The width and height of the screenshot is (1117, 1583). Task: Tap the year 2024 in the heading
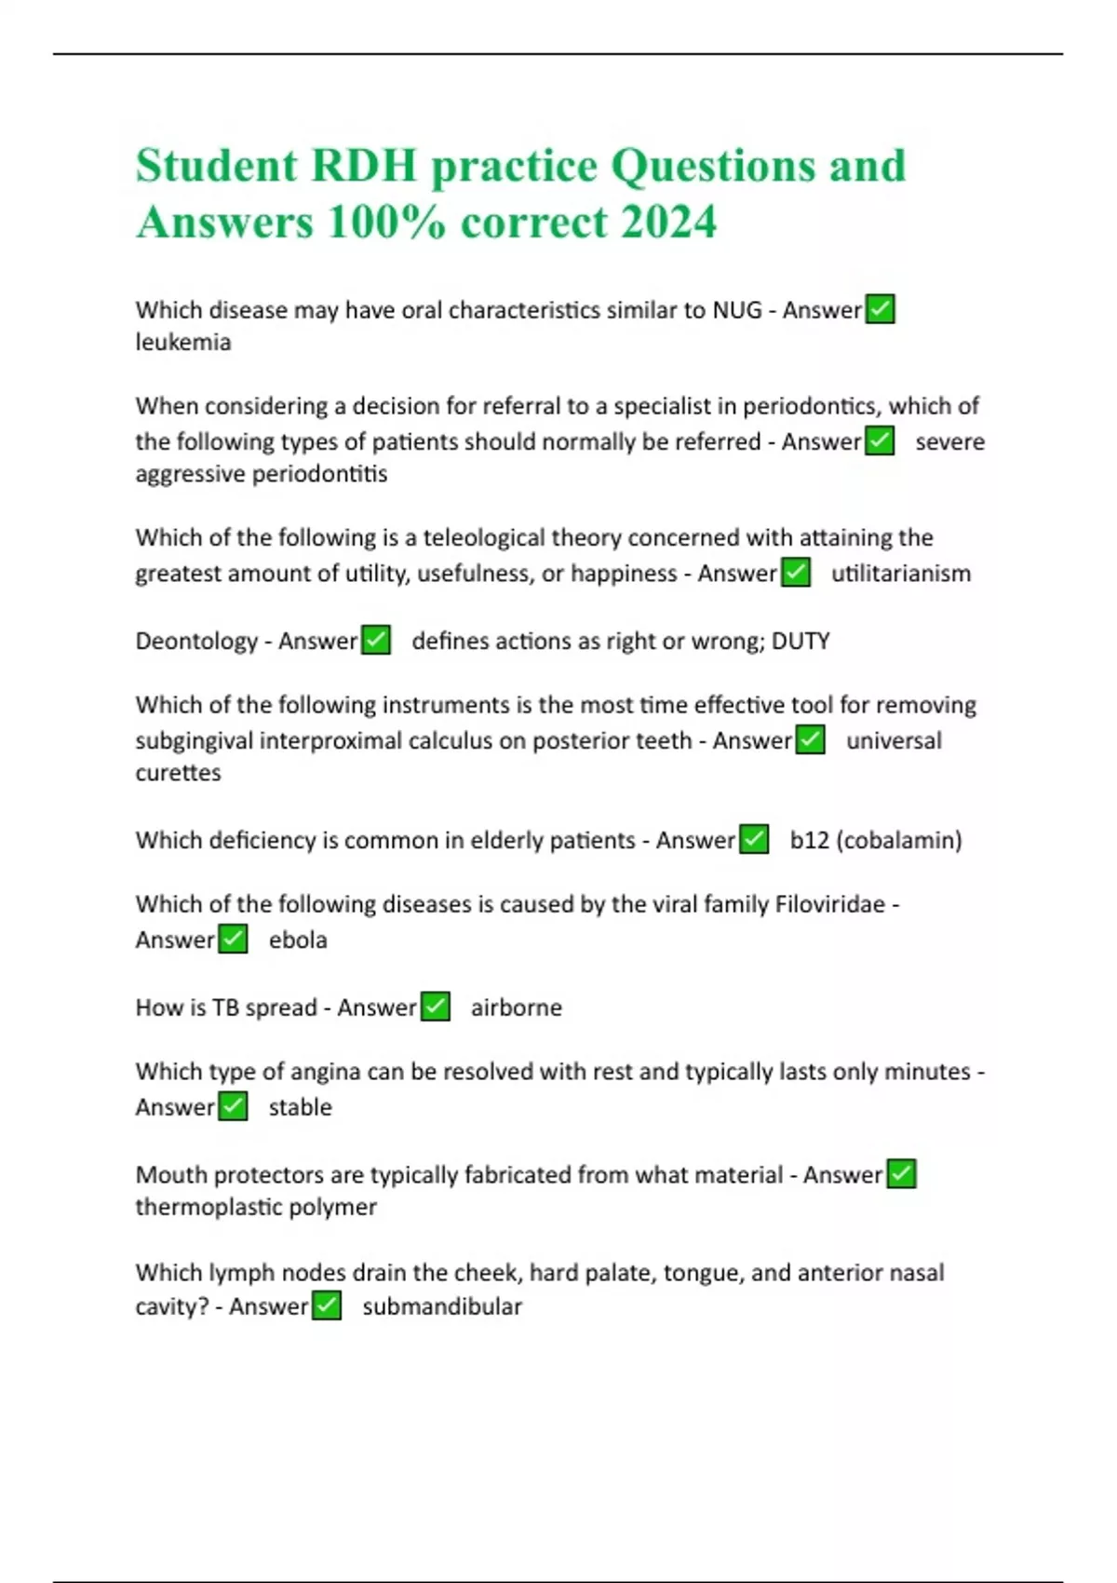[667, 223]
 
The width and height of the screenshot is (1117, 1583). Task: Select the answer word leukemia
[183, 343]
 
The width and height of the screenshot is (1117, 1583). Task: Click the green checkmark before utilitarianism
[795, 572]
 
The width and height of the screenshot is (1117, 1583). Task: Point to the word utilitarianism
[900, 574]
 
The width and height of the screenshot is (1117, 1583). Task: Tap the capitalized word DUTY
[801, 642]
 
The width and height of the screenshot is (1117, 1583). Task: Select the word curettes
[178, 773]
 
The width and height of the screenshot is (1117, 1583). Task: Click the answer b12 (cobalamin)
[875, 841]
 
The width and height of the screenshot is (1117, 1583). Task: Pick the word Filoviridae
[829, 904]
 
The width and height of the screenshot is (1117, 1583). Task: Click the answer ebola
[298, 940]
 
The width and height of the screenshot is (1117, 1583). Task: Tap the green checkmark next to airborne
[435, 1007]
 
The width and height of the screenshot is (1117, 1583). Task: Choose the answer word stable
[300, 1108]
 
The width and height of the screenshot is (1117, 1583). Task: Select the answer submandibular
[441, 1307]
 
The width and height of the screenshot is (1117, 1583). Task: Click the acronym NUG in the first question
[736, 310]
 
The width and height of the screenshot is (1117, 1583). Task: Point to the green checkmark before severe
[880, 440]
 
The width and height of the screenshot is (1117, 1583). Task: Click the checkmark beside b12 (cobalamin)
[753, 840]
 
